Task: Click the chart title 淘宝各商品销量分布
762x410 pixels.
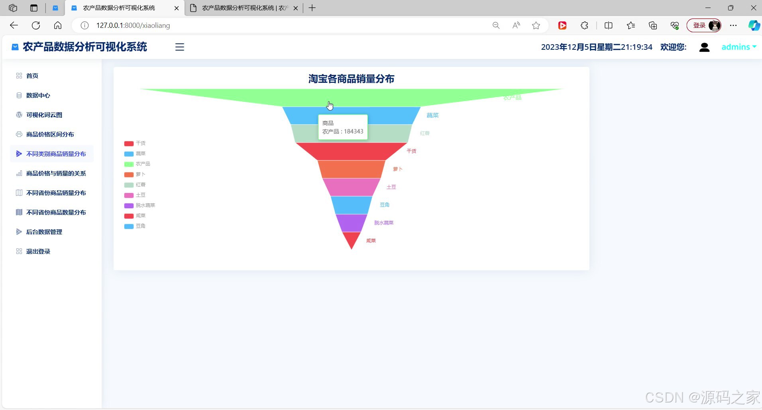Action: [351, 79]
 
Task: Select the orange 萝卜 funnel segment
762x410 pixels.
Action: [351, 169]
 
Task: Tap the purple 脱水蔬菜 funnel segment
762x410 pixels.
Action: [351, 223]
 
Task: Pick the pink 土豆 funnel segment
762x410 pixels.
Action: [351, 187]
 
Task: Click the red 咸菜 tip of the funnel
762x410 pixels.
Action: [351, 239]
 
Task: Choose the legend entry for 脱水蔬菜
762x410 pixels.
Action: [140, 205]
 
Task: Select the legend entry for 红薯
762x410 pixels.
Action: [135, 185]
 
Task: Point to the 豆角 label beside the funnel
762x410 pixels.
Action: [385, 205]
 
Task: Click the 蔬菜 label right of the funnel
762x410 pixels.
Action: [432, 115]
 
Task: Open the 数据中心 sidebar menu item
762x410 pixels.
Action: [38, 96]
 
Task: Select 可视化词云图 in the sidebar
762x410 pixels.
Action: [44, 115]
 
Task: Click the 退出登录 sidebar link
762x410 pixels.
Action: [38, 252]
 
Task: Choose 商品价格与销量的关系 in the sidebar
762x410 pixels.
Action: [56, 174]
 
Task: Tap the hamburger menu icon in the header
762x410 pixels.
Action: [180, 47]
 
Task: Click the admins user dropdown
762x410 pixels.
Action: [738, 47]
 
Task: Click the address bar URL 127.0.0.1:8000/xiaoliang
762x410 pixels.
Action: [133, 25]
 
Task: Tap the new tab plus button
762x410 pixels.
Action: [312, 8]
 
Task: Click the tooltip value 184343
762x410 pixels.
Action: [354, 131]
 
